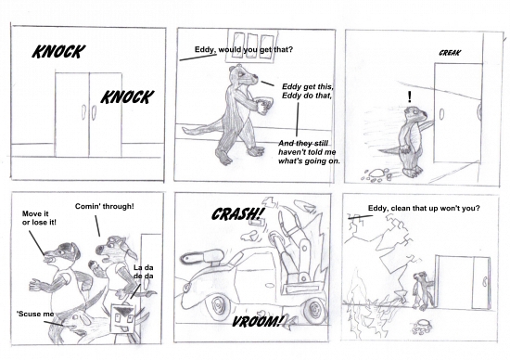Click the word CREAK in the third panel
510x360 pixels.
pyautogui.click(x=450, y=53)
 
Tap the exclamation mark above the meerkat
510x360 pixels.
pyautogui.click(x=410, y=96)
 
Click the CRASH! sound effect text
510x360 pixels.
pyautogui.click(x=237, y=213)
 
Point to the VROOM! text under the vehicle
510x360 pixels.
pyautogui.click(x=257, y=322)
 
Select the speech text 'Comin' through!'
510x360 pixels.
pyautogui.click(x=105, y=206)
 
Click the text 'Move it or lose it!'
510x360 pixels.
pyautogui.click(x=39, y=218)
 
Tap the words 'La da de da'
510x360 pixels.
pyautogui.click(x=144, y=272)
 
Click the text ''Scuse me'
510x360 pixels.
pyautogui.click(x=35, y=314)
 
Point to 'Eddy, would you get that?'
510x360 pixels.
pyautogui.click(x=244, y=49)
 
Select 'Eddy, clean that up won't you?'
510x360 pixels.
pyautogui.click(x=424, y=208)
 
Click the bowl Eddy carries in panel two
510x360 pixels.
pyautogui.click(x=264, y=105)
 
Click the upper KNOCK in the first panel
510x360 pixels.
pyautogui.click(x=58, y=51)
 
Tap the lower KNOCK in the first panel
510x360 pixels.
pyautogui.click(x=126, y=96)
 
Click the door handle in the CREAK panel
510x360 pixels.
pyautogui.click(x=441, y=114)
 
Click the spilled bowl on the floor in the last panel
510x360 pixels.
pyautogui.click(x=422, y=328)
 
